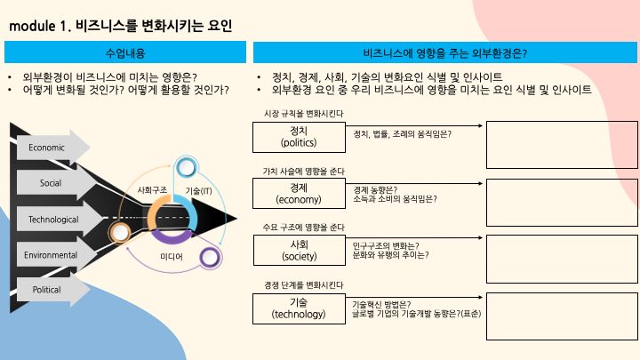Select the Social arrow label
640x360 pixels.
pos(51,183)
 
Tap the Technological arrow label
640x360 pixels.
pos(53,219)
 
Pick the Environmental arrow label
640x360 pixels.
pos(52,255)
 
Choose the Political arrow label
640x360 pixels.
pos(46,291)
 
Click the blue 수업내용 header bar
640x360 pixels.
pos(124,53)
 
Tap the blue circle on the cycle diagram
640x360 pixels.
pos(187,166)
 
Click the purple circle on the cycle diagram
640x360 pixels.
pos(210,259)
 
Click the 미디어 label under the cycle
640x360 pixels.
pos(172,257)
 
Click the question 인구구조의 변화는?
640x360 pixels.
pos(386,244)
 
